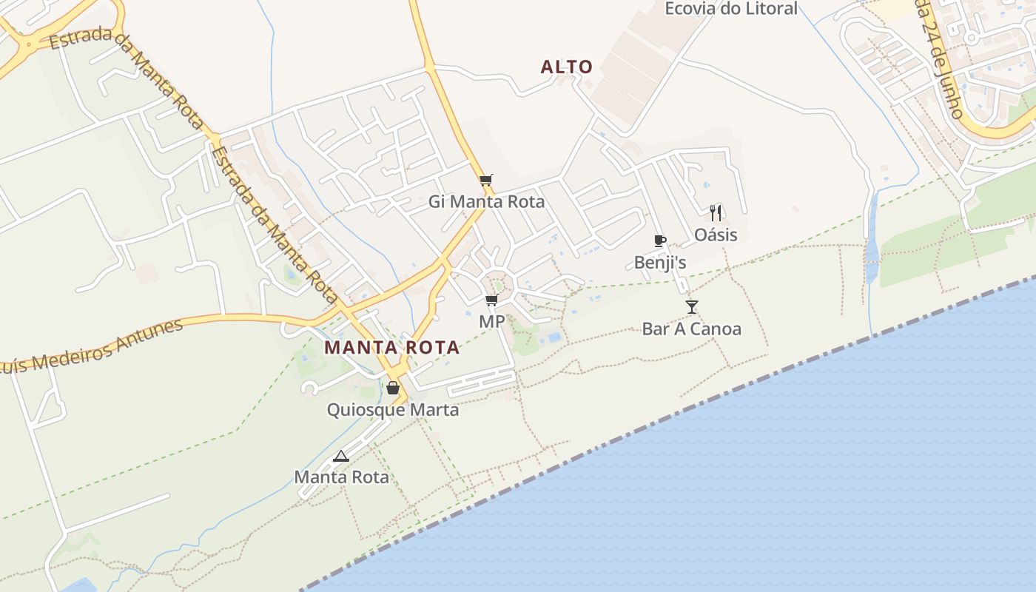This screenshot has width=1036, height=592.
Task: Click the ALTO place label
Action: pyautogui.click(x=567, y=67)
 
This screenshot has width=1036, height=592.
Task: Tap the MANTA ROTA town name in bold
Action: pyautogui.click(x=392, y=347)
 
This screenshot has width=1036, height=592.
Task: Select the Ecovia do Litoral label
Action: pyautogui.click(x=731, y=9)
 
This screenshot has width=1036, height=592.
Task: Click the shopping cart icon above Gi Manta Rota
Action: pyautogui.click(x=486, y=180)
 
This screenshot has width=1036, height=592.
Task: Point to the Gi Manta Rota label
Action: pyautogui.click(x=486, y=202)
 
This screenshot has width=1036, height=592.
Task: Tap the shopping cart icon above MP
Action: pyautogui.click(x=491, y=300)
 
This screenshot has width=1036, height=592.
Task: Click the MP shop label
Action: pyautogui.click(x=491, y=322)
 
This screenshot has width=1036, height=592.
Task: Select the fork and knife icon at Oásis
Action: pyautogui.click(x=716, y=213)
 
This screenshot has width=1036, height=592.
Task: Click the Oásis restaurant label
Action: pyautogui.click(x=716, y=235)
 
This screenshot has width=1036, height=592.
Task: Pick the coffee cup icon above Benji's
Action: pyautogui.click(x=660, y=240)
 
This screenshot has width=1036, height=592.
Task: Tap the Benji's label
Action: pyautogui.click(x=660, y=263)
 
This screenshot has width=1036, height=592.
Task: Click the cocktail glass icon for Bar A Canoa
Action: pyautogui.click(x=692, y=306)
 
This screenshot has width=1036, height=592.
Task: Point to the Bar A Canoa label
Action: pyautogui.click(x=692, y=329)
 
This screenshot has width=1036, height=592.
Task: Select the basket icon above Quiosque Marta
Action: pyautogui.click(x=393, y=388)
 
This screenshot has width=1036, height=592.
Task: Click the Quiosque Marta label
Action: pyautogui.click(x=393, y=410)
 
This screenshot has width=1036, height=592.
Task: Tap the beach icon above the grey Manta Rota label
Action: pyautogui.click(x=340, y=456)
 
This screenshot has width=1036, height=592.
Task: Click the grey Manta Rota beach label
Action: pyautogui.click(x=342, y=477)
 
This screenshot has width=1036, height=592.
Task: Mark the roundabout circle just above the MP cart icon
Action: pyautogui.click(x=498, y=284)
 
